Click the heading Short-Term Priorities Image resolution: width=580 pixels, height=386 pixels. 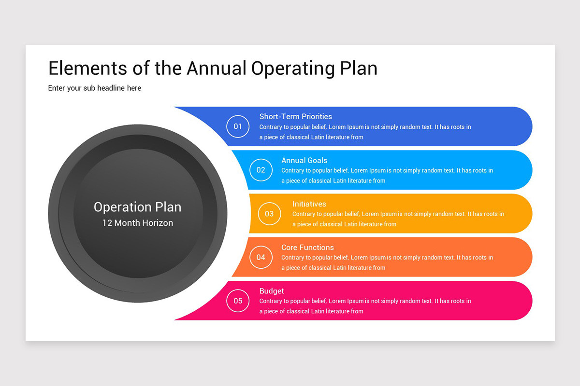click(295, 117)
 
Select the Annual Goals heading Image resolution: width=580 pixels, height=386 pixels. click(304, 160)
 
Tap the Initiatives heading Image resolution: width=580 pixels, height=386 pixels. click(309, 204)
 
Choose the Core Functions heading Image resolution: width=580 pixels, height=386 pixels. click(307, 248)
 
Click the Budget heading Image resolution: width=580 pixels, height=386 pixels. click(272, 291)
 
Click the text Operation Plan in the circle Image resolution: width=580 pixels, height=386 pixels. click(137, 207)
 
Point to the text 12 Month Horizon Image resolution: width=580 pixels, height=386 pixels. click(137, 223)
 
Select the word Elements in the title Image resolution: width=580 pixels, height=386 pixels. click(88, 68)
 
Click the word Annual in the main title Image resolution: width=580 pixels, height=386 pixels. click(217, 68)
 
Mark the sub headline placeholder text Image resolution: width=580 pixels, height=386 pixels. click(95, 88)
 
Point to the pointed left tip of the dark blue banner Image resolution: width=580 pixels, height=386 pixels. click(174, 107)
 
